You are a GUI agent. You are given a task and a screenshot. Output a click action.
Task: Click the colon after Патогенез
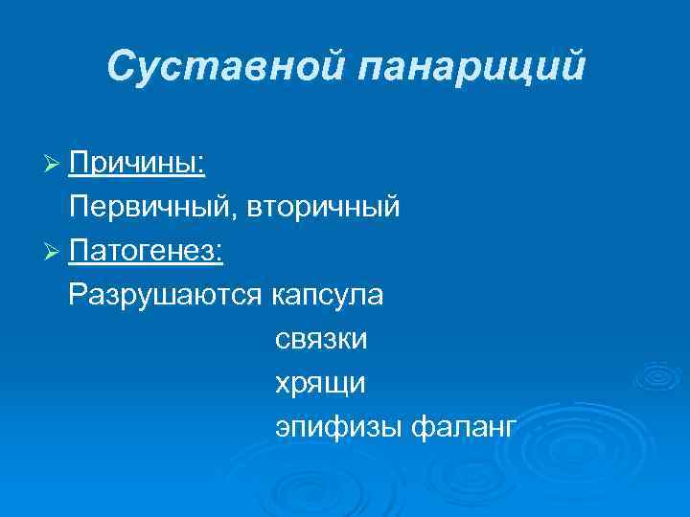tap(219, 255)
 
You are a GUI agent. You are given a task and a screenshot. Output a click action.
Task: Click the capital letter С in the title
tap(120, 67)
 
